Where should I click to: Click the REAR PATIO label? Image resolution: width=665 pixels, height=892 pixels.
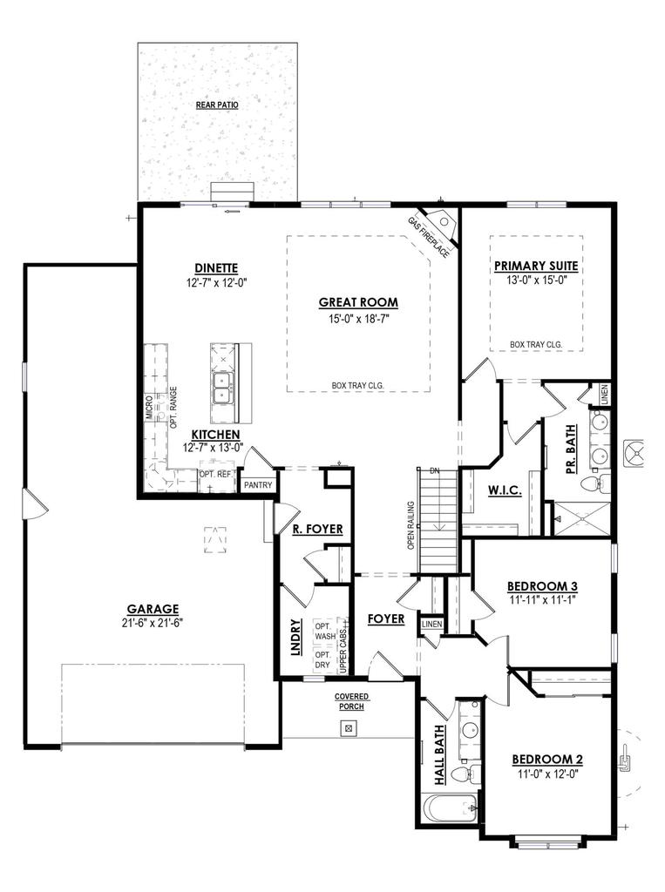pyautogui.click(x=217, y=105)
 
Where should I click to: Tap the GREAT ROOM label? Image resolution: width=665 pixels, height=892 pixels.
pyautogui.click(x=357, y=302)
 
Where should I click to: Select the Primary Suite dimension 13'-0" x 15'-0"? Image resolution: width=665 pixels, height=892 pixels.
pyautogui.click(x=536, y=281)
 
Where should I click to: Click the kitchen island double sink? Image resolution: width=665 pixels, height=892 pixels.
pyautogui.click(x=222, y=387)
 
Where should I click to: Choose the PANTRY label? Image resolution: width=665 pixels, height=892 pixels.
pyautogui.click(x=258, y=485)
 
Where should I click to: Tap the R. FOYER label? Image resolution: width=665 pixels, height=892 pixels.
pyautogui.click(x=317, y=529)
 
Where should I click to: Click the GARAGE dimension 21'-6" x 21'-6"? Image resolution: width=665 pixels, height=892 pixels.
pyautogui.click(x=152, y=623)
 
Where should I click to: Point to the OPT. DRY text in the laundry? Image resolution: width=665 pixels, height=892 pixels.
pyautogui.click(x=323, y=660)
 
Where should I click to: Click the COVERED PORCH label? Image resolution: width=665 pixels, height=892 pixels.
pyautogui.click(x=351, y=701)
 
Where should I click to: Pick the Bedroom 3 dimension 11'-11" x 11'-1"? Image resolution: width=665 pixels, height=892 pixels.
pyautogui.click(x=543, y=600)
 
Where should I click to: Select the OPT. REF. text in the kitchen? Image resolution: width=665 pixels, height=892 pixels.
pyautogui.click(x=215, y=474)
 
